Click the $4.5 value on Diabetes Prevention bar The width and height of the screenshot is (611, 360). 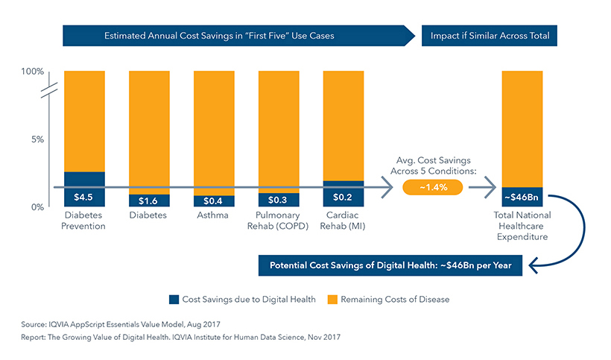click(84, 198)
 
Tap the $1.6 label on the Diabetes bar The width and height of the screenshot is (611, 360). click(149, 200)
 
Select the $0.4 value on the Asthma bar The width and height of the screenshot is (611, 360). click(214, 200)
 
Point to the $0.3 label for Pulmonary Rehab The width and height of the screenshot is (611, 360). click(279, 200)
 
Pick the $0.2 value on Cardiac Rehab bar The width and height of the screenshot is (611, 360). click(344, 198)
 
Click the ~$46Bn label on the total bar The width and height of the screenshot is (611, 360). click(522, 198)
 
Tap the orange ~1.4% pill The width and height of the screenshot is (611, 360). click(432, 187)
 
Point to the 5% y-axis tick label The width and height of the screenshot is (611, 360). click(37, 139)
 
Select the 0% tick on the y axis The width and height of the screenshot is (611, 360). click(37, 206)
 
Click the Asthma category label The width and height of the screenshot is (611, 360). click(214, 216)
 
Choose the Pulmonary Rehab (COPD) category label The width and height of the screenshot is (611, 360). click(279, 221)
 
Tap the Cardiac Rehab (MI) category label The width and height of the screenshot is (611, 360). click(344, 221)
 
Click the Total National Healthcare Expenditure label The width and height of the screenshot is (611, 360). click(522, 227)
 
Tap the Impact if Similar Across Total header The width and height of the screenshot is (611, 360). click(490, 36)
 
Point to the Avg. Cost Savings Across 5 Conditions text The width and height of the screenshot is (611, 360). click(432, 165)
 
